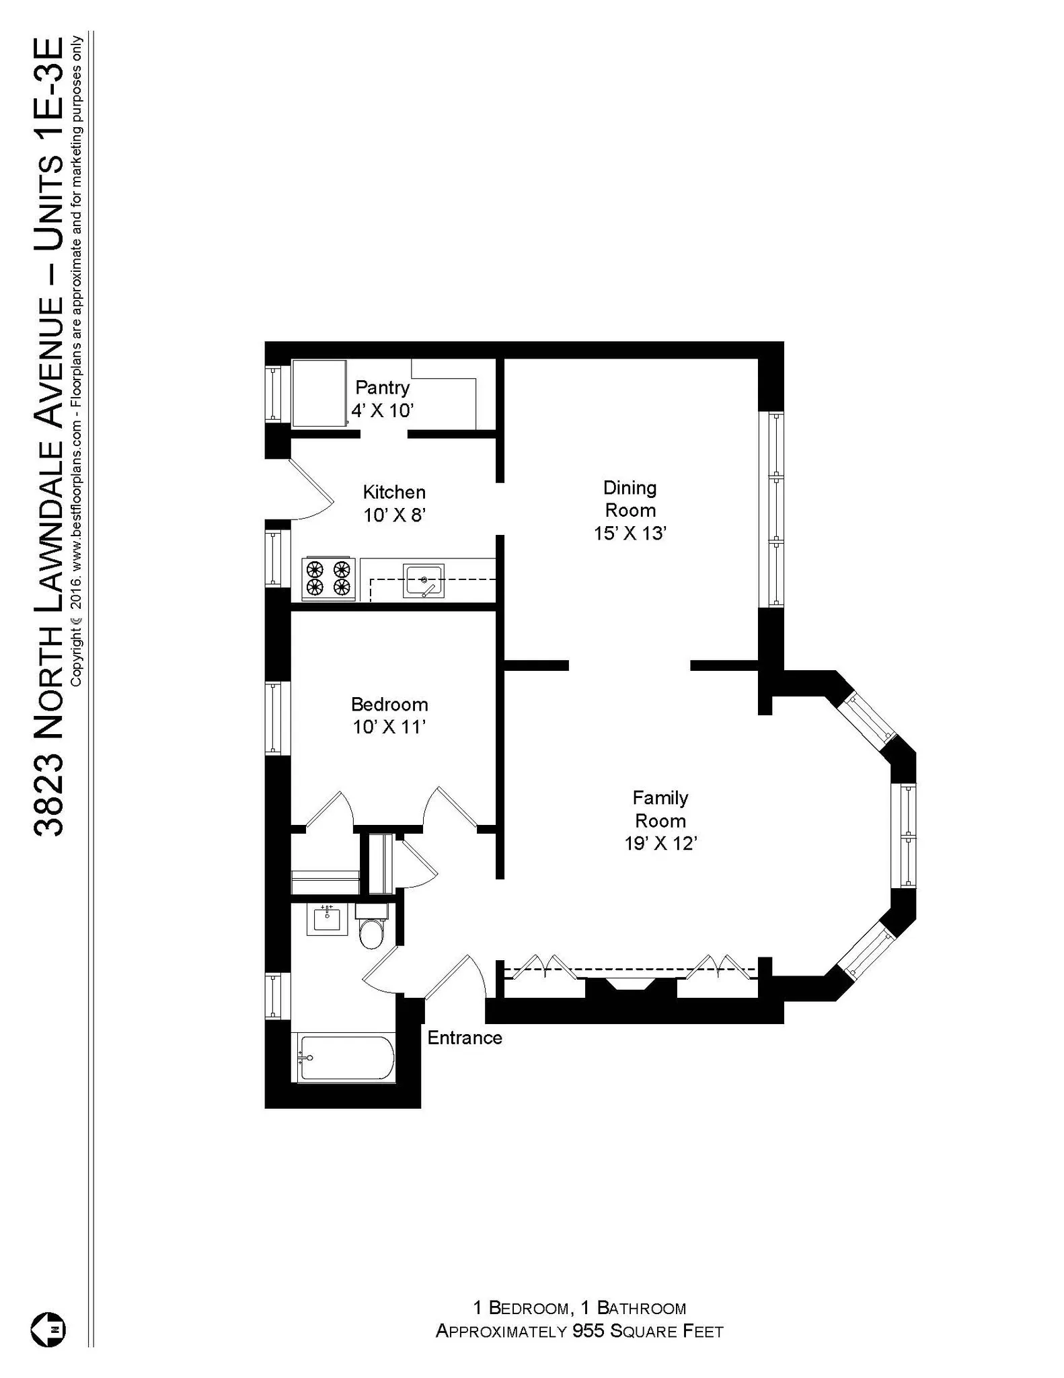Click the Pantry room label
(382, 388)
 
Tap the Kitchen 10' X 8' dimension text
(395, 515)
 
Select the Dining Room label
(630, 499)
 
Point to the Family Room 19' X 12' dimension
(660, 844)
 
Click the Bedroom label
(389, 704)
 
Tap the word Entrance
(465, 1038)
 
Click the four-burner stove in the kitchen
(329, 579)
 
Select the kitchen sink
(423, 581)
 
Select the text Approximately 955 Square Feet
(579, 1332)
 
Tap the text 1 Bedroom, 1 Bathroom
(579, 1308)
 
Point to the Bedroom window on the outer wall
(274, 718)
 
